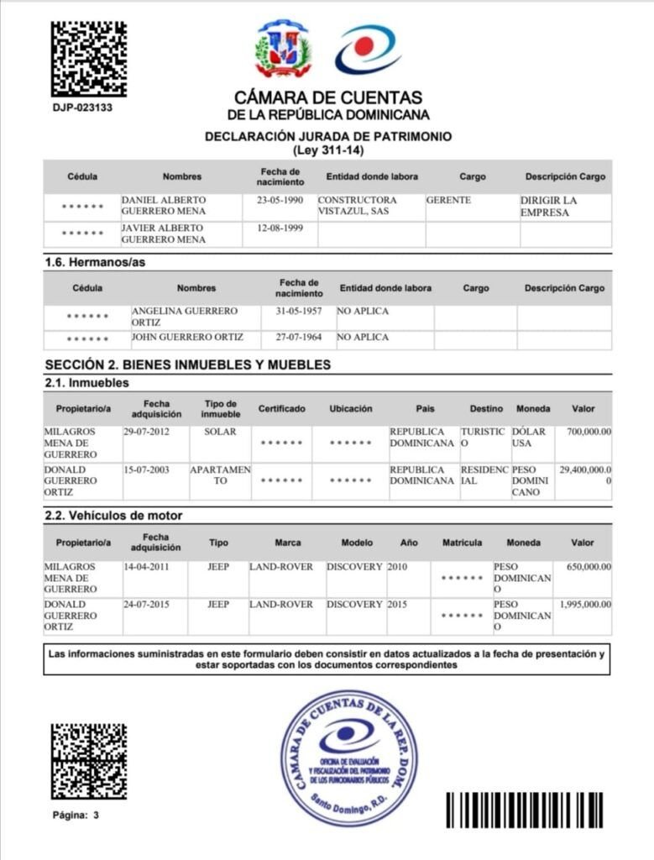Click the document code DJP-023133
[x=82, y=107]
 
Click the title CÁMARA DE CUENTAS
[x=328, y=98]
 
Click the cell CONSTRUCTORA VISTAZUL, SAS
[x=357, y=207]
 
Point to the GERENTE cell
[x=449, y=201]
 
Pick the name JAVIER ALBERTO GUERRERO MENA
[x=163, y=233]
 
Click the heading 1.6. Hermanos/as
[x=95, y=263]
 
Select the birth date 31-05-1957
[x=298, y=311]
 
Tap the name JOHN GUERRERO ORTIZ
[x=187, y=337]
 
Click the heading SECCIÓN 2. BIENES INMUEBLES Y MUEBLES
[x=187, y=364]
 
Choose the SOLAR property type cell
[x=219, y=432]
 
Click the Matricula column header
[x=462, y=543]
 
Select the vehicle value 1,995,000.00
[x=585, y=605]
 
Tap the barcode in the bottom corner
[x=524, y=810]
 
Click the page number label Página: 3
[x=76, y=815]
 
